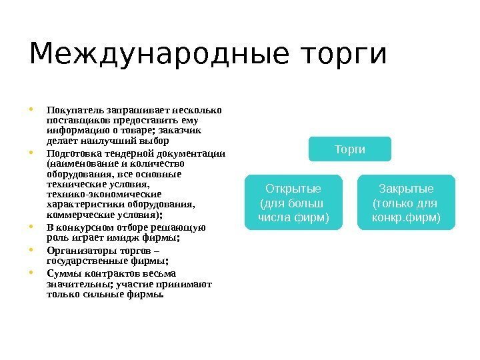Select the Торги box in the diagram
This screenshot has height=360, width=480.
pos(349,149)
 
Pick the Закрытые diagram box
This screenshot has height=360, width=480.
pos(406,202)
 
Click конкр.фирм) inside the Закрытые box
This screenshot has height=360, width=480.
pos(406,217)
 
